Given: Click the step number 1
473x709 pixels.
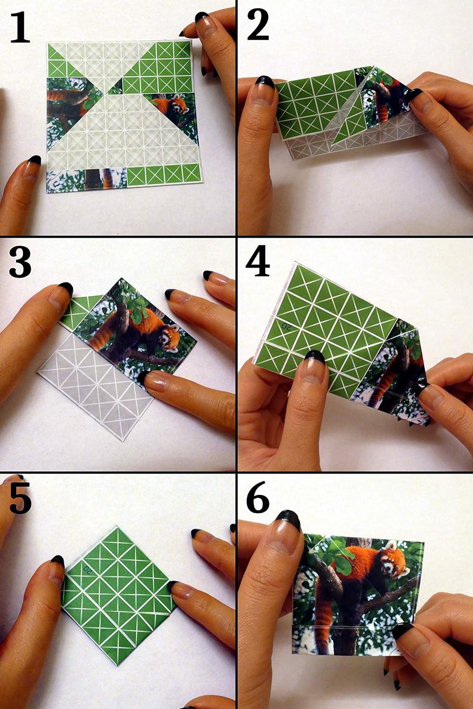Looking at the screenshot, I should click(20, 27).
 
